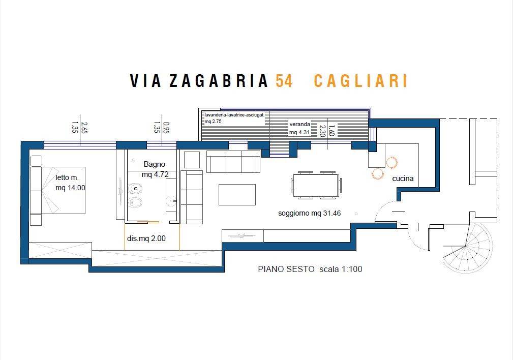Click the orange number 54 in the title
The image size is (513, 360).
(284, 81)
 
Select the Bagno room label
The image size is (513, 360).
(155, 164)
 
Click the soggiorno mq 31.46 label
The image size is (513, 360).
(309, 214)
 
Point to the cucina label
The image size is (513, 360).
(403, 178)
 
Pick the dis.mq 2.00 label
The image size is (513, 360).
(146, 238)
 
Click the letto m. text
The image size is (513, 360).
(67, 177)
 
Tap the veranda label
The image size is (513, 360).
(299, 125)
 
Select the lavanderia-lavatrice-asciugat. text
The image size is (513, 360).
(234, 115)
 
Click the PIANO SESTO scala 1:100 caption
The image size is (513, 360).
(310, 269)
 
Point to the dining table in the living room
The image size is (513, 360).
(316, 185)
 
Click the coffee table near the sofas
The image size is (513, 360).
(237, 194)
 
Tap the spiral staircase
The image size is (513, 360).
(468, 247)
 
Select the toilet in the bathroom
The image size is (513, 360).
(134, 189)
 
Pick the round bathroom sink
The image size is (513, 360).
(171, 201)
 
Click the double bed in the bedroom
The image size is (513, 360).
(58, 191)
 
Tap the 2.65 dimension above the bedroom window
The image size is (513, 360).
(84, 127)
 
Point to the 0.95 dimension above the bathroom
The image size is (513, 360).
(166, 128)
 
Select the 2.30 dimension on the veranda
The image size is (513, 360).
(322, 131)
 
